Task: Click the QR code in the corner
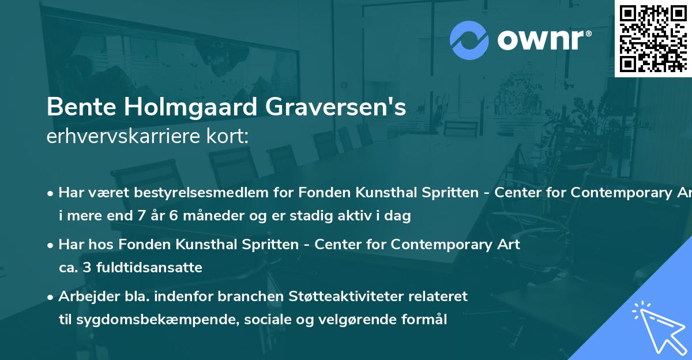click(652, 38)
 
